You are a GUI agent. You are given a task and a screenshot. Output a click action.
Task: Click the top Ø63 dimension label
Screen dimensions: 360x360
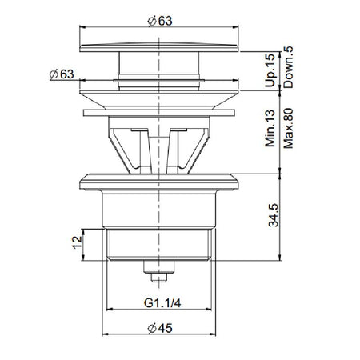click(160, 21)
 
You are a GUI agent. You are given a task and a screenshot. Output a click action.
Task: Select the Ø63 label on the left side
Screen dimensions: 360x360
click(62, 74)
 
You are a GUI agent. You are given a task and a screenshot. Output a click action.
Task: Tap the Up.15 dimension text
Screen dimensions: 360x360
click(270, 70)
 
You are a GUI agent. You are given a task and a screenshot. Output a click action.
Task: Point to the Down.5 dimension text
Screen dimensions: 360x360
click(288, 67)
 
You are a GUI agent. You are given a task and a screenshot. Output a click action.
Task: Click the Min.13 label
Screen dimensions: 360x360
click(270, 128)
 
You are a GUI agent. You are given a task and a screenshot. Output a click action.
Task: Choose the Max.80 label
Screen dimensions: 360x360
click(288, 128)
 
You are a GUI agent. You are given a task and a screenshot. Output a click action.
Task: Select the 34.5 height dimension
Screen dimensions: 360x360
click(273, 215)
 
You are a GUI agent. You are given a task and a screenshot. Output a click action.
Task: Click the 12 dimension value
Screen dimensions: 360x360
click(78, 242)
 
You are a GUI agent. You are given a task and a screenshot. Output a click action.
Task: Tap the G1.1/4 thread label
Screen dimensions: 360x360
click(162, 303)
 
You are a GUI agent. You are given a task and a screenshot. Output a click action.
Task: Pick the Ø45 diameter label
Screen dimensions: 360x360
click(160, 328)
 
